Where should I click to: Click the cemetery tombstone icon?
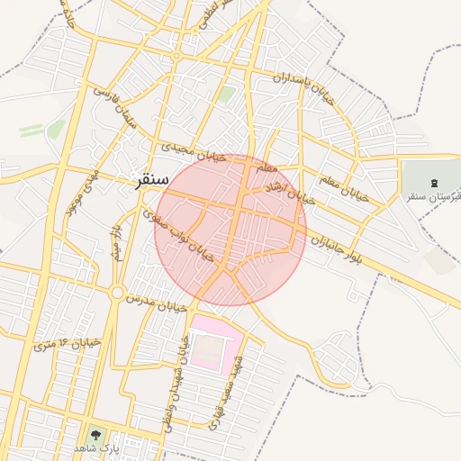[x=422, y=183]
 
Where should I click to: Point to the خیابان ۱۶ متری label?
[x=67, y=341]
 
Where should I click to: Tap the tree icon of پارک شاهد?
[x=96, y=434]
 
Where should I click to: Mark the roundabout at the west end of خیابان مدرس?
[x=117, y=293]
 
